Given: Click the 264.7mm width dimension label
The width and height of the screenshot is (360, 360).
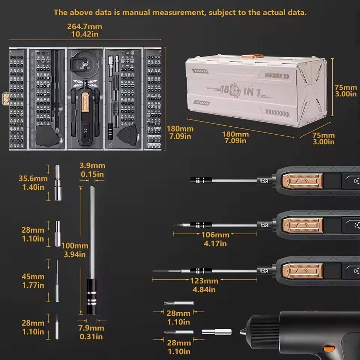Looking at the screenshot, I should click(85, 27).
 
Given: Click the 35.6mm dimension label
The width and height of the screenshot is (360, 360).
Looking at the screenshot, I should click(33, 179).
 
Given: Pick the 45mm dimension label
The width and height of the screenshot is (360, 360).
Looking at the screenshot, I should click(33, 277).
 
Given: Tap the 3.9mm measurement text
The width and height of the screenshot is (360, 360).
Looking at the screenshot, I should click(92, 166).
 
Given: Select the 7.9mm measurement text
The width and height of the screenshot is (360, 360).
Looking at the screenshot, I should click(92, 328).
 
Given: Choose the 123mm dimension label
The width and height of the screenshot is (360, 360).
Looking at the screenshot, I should click(204, 281).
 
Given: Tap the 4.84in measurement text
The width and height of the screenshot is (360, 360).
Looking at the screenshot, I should click(204, 289).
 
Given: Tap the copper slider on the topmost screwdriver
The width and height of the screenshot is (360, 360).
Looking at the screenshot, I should click(302, 181).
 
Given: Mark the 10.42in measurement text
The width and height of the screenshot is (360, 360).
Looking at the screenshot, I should click(85, 35).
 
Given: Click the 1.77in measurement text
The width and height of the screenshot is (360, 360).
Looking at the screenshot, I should click(33, 285).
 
